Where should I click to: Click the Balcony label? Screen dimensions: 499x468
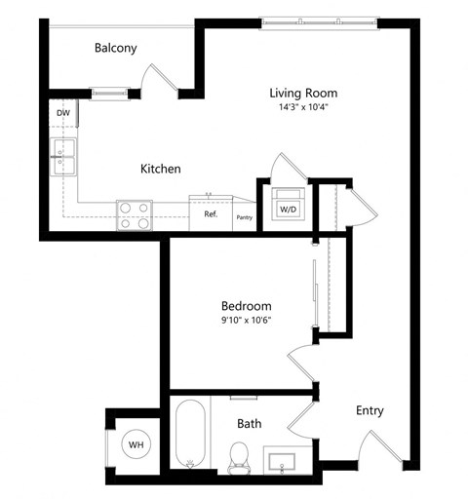115,48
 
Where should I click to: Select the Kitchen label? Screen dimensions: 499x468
160,169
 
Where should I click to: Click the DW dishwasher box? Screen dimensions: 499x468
63,114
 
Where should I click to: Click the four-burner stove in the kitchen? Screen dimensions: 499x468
135,214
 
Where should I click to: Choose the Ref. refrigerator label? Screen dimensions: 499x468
210,214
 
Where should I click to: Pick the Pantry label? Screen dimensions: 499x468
244,217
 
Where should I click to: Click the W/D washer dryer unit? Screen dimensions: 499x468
289,207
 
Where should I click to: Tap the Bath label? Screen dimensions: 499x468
250,424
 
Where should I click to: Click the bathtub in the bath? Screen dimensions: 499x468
189,435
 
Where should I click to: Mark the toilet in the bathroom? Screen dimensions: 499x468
237,455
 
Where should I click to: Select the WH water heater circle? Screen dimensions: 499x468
136,444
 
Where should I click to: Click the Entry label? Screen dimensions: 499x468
369,410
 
